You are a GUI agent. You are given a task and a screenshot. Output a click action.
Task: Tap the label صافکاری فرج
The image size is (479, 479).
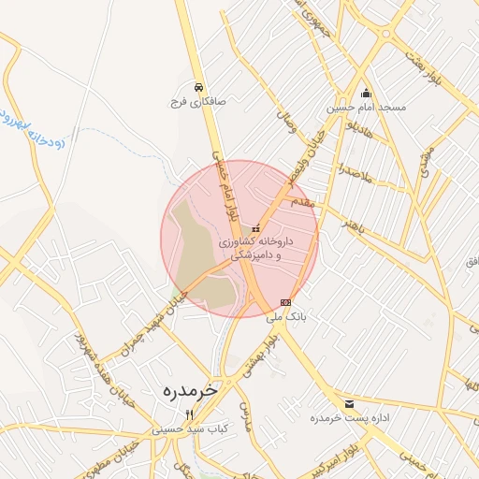coord(191,100)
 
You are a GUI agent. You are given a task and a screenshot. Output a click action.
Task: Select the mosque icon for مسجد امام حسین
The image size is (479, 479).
coord(366,94)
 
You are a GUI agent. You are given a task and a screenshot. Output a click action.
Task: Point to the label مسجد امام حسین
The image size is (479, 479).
coord(366,109)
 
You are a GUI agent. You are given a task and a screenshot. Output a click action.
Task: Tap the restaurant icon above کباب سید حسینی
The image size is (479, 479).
coord(190,414)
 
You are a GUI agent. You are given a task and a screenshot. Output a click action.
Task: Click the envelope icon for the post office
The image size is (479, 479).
coord(350,404)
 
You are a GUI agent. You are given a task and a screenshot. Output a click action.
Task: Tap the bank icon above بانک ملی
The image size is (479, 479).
coord(285,302)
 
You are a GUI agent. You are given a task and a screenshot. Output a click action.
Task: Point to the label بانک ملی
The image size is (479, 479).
coord(285,317)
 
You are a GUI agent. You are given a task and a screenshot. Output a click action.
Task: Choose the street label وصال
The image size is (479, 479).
coord(284,120)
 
